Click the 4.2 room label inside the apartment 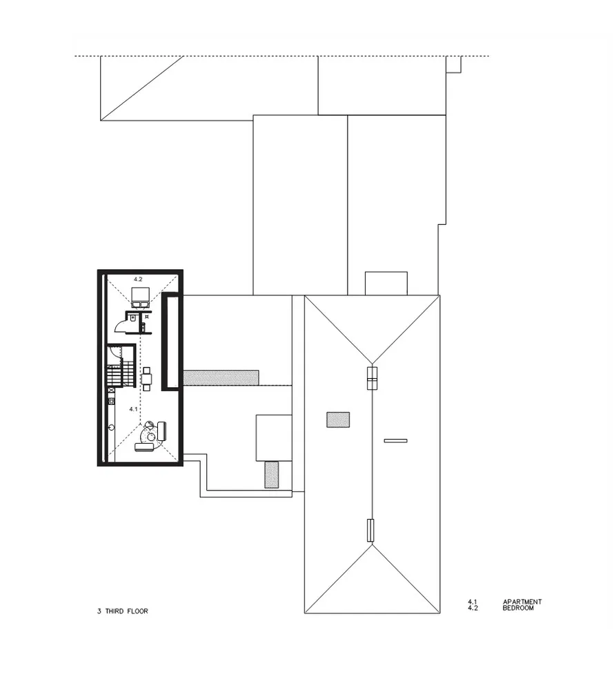pos(137,279)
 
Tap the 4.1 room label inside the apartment pos(134,409)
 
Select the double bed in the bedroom pos(141,297)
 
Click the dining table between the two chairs pos(147,378)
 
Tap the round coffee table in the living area pos(150,435)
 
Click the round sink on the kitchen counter pos(110,427)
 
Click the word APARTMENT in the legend pos(522,602)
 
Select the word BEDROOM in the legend pos(517,609)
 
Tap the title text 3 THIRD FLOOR pos(123,611)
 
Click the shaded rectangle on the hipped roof pos(338,420)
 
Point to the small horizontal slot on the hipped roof pos(395,440)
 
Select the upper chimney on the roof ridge pos(372,379)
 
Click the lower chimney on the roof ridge pos(370,530)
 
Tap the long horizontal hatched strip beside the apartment pos(221,377)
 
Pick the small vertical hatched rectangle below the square pos(272,475)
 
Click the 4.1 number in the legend pos(473,602)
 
